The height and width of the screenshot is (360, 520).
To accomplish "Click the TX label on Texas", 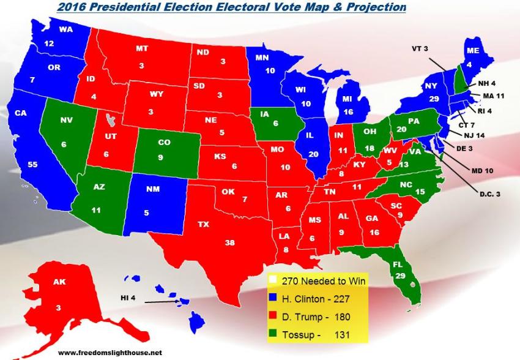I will tap(202, 225).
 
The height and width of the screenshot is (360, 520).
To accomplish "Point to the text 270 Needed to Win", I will tap(322, 281).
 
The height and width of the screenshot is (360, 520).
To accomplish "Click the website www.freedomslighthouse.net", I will tap(110, 353).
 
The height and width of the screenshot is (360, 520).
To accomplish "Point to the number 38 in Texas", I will tap(229, 242).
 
